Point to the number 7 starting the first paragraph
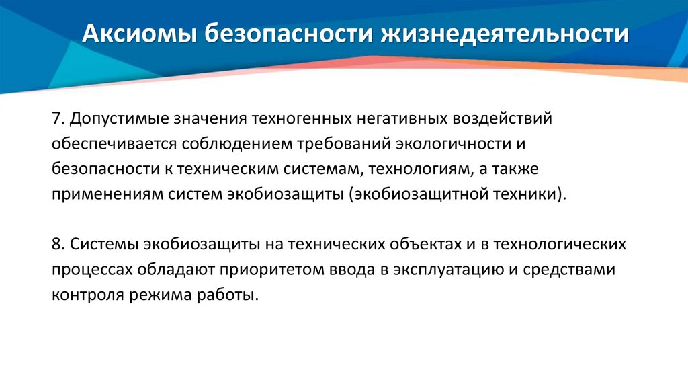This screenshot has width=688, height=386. tap(54, 120)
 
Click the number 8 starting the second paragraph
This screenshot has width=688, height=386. tap(54, 244)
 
